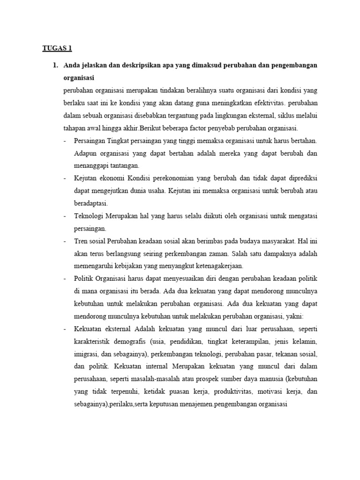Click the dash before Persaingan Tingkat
[x=65, y=140]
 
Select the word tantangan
[x=118, y=165]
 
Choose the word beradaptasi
[x=91, y=203]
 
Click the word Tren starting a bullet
[x=81, y=241]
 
